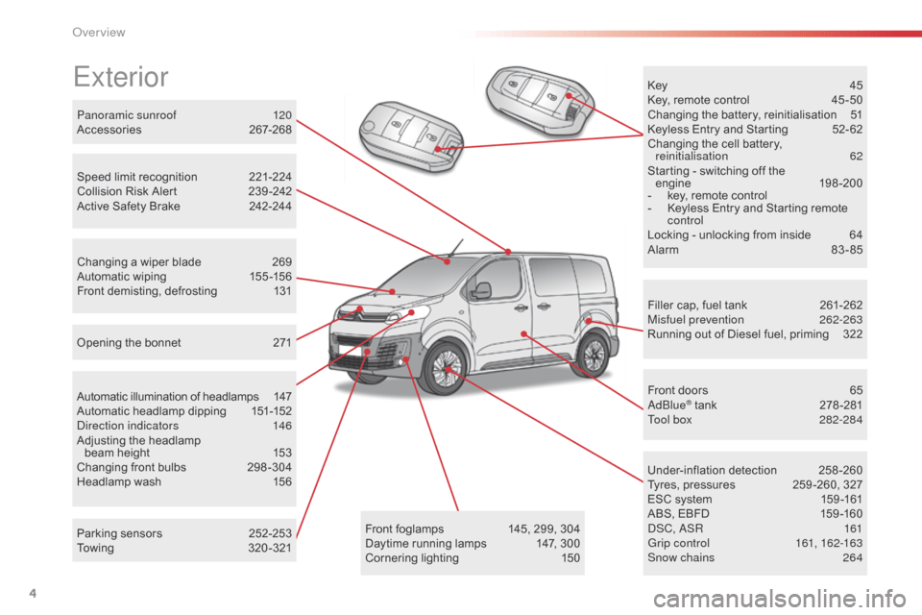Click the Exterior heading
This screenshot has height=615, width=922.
pos(120,76)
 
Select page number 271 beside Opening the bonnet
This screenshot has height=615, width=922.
pos(282,343)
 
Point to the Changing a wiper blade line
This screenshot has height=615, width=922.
pos(139,262)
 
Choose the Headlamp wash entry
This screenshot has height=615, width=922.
pos(119,482)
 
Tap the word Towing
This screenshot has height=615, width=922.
pos(95,549)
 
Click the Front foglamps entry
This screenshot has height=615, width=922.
pos(404,529)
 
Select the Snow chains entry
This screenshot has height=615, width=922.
pos(681,557)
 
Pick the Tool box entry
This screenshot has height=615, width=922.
pos(670,420)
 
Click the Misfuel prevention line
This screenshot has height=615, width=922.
pos(695,320)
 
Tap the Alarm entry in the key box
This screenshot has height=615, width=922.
pos(664,250)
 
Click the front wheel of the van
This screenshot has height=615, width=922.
pos(444,368)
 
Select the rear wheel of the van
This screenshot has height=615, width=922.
pos(594,352)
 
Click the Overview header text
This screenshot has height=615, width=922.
pos(99,33)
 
